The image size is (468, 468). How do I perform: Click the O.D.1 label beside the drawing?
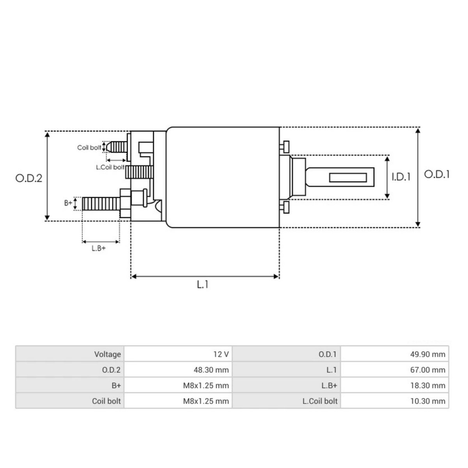436,174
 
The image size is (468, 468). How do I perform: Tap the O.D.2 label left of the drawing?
28,178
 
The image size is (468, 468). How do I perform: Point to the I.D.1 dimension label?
401,177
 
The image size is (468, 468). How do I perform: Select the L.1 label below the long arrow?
202,285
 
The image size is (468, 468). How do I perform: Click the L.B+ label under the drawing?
99,248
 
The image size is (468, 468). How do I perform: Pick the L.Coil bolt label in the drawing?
110,167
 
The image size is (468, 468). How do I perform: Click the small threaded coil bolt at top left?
117,147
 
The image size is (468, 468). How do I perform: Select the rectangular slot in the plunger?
348,178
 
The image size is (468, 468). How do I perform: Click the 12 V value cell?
221,354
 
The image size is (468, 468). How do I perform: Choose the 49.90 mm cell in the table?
427,354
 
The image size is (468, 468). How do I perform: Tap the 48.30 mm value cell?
211,370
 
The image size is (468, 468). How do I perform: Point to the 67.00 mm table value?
427,370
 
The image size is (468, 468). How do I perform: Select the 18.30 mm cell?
427,385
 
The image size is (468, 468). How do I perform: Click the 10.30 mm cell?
427,401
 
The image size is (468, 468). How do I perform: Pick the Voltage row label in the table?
107,354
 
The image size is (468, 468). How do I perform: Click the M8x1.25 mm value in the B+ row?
206,385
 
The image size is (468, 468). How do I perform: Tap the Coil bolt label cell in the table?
106,401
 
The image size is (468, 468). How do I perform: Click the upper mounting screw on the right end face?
285,147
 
